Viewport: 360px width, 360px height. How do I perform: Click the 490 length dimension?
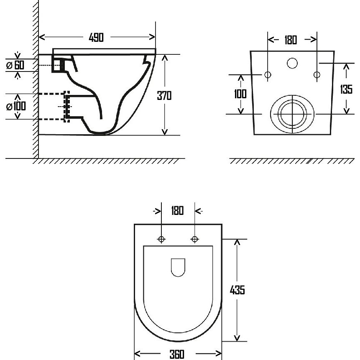[x=96, y=38]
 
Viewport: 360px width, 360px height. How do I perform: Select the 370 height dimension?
[x=164, y=95]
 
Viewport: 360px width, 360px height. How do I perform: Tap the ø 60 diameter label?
[x=15, y=65]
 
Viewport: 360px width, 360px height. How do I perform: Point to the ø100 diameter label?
[x=16, y=106]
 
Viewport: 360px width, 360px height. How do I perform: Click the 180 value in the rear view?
[x=291, y=40]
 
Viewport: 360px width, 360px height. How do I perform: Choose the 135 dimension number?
[x=346, y=89]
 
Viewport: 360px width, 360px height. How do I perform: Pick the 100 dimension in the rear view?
[x=240, y=94]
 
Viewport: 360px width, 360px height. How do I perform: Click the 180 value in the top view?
[x=177, y=211]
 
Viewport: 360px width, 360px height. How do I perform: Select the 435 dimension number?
[x=237, y=290]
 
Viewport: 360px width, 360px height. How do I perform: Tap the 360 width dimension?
[x=177, y=354]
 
